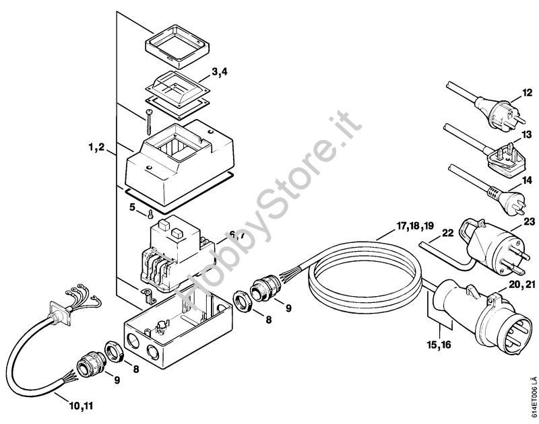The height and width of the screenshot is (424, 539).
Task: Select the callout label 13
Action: pyautogui.click(x=527, y=134)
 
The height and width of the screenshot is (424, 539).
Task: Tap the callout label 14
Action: pyautogui.click(x=527, y=180)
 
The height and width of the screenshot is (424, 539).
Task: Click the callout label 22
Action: pyautogui.click(x=447, y=233)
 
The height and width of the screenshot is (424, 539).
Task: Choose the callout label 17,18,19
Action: pyautogui.click(x=415, y=226)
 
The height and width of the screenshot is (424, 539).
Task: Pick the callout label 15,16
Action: pyautogui.click(x=439, y=345)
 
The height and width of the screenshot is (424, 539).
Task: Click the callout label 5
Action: pyautogui.click(x=132, y=207)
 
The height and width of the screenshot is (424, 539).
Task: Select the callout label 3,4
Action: pyautogui.click(x=220, y=72)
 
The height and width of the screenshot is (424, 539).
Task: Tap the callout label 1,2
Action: pyautogui.click(x=96, y=147)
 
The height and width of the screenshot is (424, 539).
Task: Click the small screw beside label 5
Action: pyautogui.click(x=150, y=214)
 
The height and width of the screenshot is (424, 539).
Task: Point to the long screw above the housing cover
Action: pyautogui.click(x=148, y=122)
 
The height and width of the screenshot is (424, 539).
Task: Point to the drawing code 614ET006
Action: pyautogui.click(x=532, y=399)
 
